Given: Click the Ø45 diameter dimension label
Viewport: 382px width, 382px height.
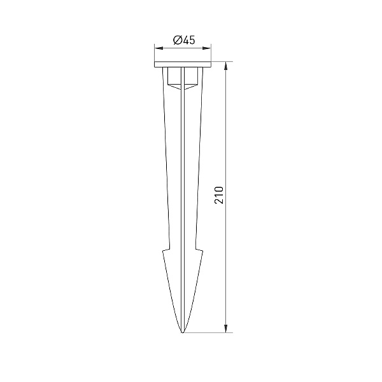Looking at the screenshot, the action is pos(184,40).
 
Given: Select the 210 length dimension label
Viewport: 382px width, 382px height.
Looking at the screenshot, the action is pos(219,195).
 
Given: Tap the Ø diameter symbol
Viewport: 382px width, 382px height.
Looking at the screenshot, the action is pos(177,40).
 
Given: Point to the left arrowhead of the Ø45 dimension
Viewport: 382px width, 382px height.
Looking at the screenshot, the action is pos(159,48).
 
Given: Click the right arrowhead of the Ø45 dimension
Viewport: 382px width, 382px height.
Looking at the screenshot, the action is pos(207,48).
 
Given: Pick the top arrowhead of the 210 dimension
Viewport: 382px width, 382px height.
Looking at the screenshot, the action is pos(226,66).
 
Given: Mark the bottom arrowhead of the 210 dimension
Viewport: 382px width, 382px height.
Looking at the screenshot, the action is pos(226,329).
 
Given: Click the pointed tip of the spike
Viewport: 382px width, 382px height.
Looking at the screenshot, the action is pos(183,332).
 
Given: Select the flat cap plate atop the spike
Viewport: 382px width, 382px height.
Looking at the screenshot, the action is pos(183,64).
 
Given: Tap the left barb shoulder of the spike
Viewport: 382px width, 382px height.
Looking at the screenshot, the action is pos(166,250).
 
